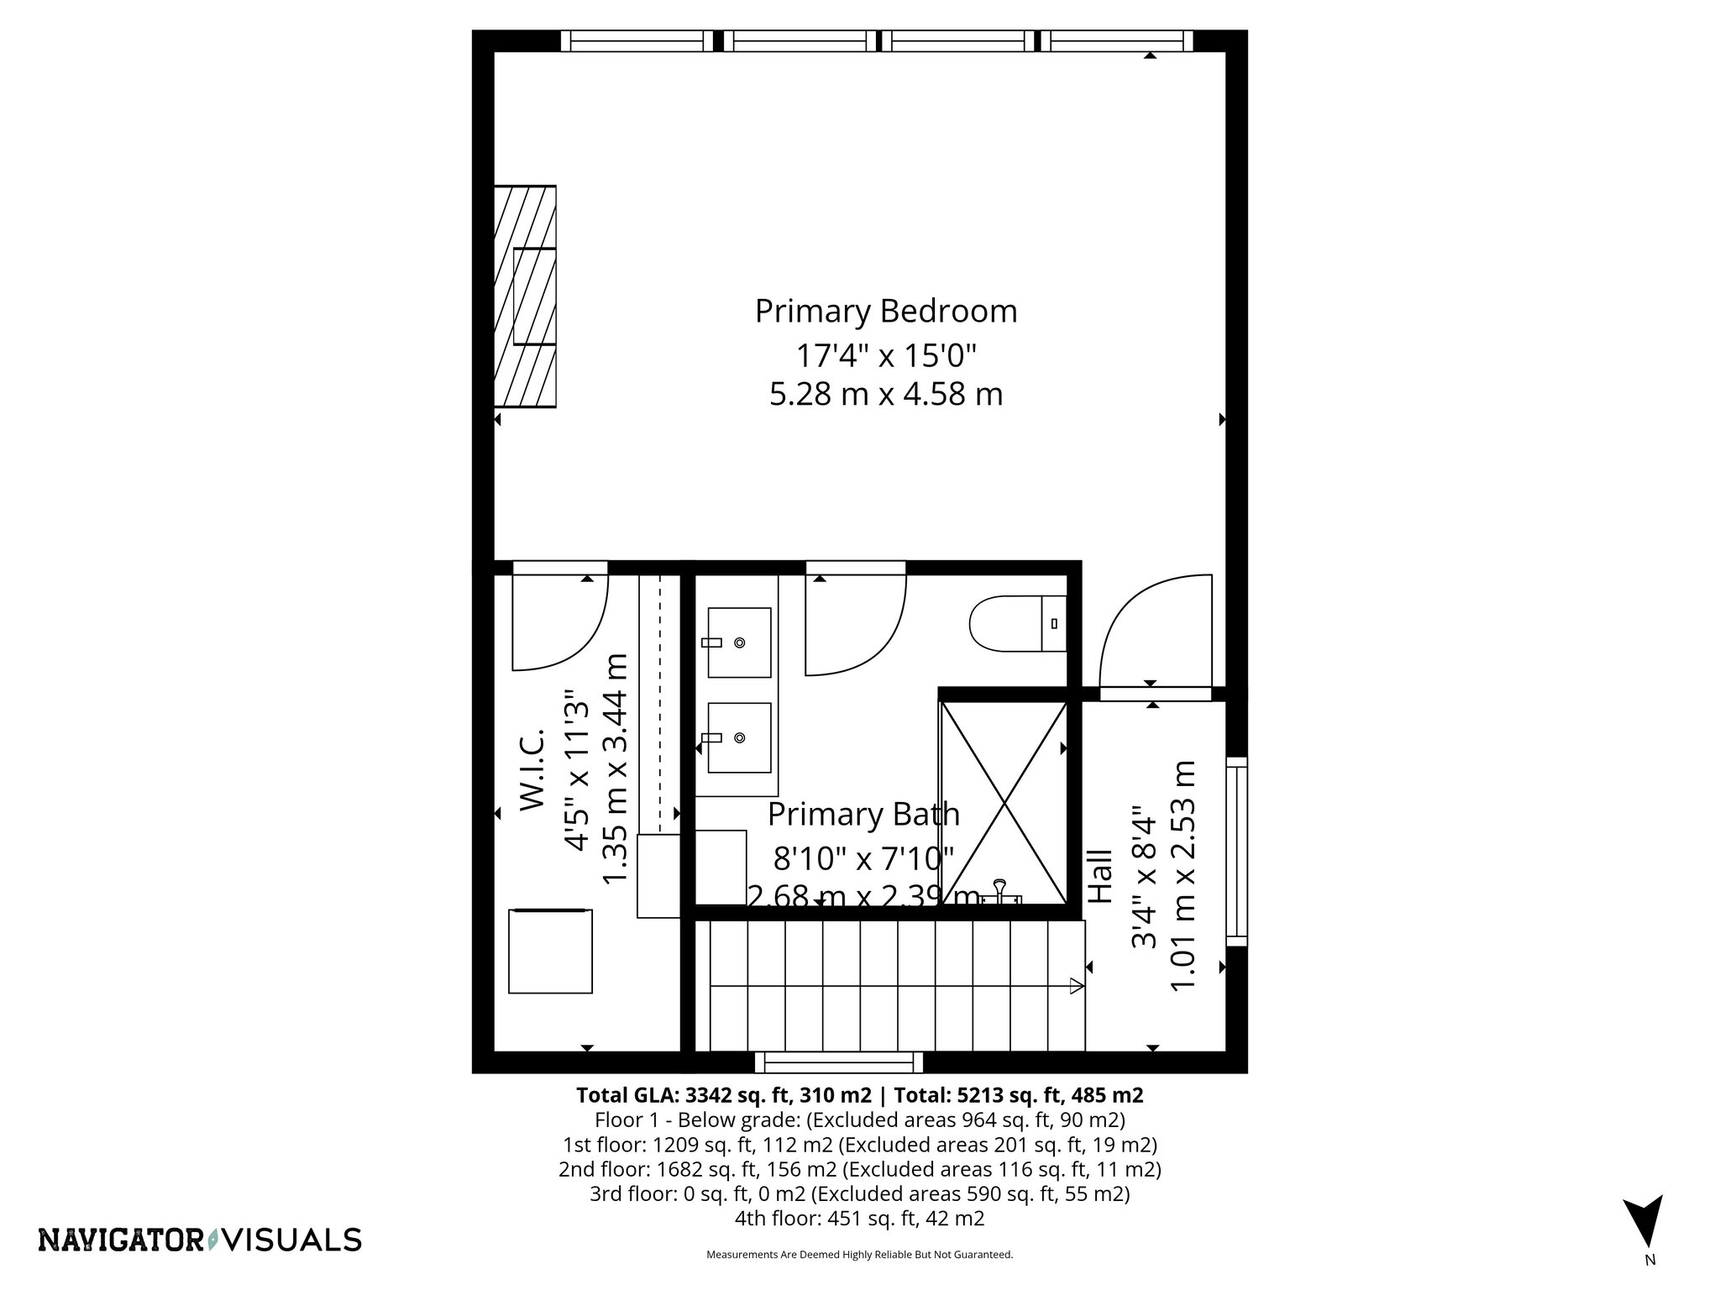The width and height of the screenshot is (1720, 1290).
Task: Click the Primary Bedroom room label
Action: click(x=885, y=312)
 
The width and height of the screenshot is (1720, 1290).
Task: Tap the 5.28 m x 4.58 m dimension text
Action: click(x=885, y=394)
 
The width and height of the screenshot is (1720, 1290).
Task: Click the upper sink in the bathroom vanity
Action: click(x=738, y=642)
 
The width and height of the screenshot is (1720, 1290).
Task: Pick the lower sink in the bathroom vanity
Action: click(x=738, y=737)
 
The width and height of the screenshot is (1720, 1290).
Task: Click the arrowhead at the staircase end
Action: click(x=1076, y=986)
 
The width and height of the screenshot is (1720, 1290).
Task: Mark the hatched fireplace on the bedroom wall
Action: click(x=525, y=296)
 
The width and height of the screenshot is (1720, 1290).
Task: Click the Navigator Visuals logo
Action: click(x=200, y=1240)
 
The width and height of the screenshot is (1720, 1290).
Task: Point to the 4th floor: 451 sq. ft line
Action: click(x=859, y=1218)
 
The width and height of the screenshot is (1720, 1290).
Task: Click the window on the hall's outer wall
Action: click(x=1236, y=851)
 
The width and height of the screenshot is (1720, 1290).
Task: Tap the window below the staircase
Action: click(x=838, y=1063)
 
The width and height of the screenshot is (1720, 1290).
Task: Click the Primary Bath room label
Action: click(x=863, y=814)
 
